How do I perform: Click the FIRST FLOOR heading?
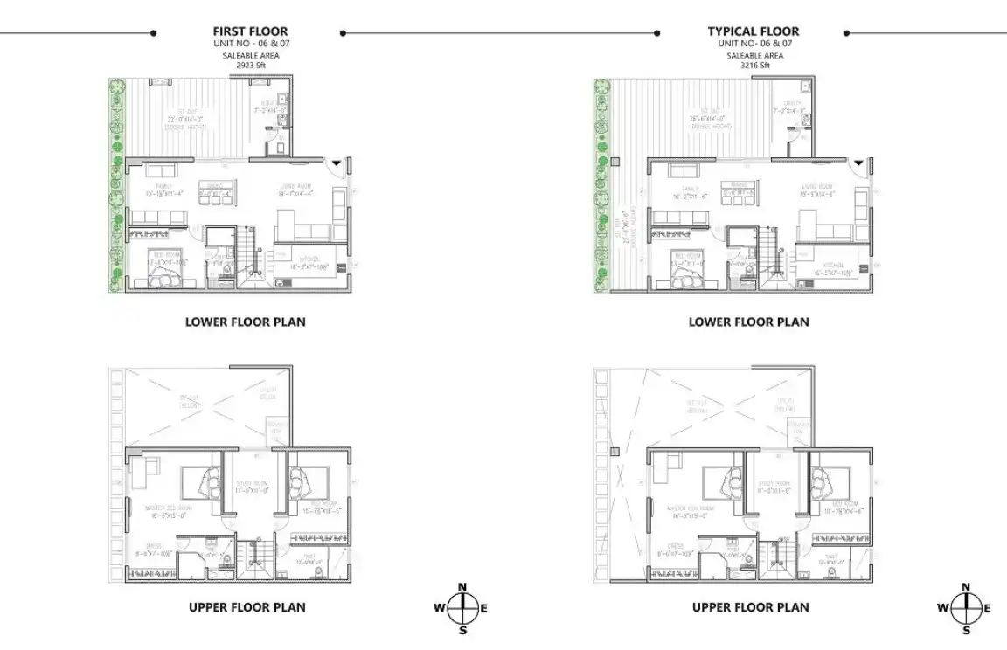click(x=250, y=31)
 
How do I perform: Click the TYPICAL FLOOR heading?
click(x=753, y=31)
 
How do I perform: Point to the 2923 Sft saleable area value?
click(x=250, y=66)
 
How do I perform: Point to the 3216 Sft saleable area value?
click(x=753, y=66)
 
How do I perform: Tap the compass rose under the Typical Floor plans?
click(x=965, y=608)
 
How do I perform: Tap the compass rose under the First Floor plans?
click(x=462, y=607)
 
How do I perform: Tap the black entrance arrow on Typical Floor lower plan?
click(x=858, y=163)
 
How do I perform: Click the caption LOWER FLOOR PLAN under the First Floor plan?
click(x=246, y=322)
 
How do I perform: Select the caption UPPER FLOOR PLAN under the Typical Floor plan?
click(x=750, y=607)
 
